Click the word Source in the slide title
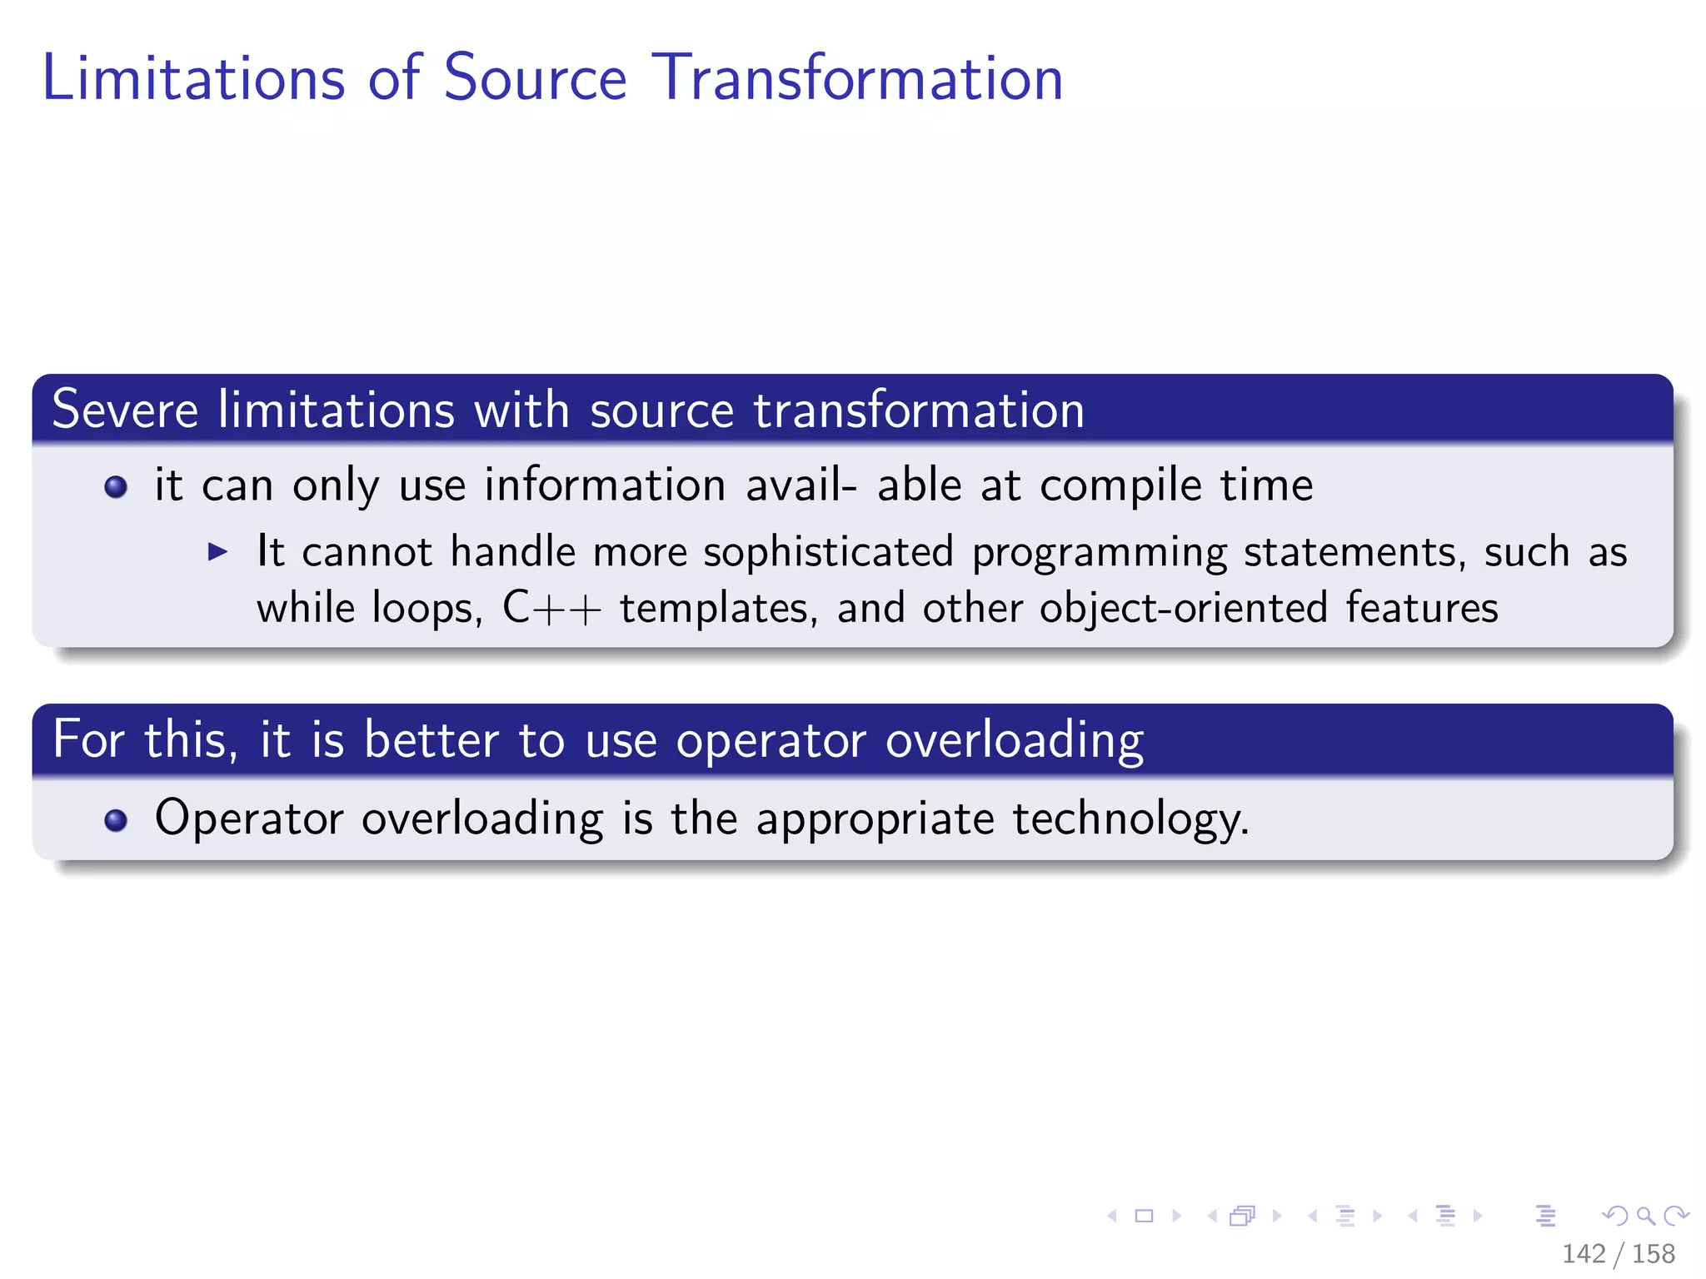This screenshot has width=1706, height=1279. coord(534,78)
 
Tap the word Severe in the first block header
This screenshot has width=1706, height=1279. coord(125,410)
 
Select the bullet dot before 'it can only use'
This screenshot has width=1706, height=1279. coord(116,487)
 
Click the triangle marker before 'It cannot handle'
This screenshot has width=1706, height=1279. coord(217,551)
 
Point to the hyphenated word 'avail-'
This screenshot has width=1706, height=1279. coord(801,485)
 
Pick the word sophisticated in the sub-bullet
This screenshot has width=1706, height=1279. coord(828,552)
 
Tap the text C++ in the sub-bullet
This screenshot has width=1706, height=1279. coord(551,609)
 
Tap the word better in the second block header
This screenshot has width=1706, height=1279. coord(431,739)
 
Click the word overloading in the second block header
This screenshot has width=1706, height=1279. coord(1014,741)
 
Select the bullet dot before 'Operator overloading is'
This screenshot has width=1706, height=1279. coord(116,821)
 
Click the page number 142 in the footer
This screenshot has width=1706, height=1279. coord(1583,1253)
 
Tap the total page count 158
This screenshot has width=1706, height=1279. coord(1653,1253)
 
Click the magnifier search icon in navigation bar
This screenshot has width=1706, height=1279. coord(1645,1216)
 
